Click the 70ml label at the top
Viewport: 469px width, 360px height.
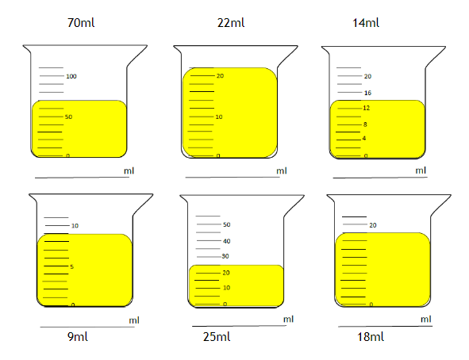81,23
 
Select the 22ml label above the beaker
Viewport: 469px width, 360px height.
231,23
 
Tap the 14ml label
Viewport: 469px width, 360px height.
366,23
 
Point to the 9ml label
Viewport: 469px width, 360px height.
78,337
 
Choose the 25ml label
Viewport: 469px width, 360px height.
217,337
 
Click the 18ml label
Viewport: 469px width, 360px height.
371,337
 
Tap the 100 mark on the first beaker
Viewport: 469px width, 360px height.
71,76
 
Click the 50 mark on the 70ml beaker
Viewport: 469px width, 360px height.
68,117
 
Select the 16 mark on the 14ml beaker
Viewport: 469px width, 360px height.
367,93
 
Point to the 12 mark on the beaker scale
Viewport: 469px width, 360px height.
367,108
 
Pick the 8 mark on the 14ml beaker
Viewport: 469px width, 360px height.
365,124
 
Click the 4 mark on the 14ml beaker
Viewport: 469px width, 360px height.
364,138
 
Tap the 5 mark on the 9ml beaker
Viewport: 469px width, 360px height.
71,266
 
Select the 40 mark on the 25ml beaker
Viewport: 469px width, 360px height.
227,241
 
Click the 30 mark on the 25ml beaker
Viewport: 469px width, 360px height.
225,256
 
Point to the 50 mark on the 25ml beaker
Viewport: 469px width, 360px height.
227,224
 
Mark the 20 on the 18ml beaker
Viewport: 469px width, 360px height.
373,225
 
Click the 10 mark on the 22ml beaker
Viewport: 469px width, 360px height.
219,117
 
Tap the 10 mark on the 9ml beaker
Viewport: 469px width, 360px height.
75,226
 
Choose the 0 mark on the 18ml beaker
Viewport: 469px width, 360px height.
371,304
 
